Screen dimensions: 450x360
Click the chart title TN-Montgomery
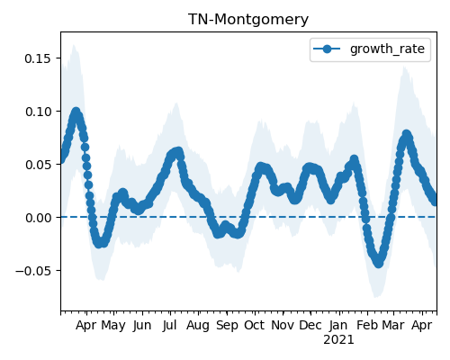248,20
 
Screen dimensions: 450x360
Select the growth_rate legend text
387,49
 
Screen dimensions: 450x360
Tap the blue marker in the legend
327,49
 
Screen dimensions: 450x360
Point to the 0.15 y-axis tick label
38,58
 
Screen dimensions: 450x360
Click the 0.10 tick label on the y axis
38,112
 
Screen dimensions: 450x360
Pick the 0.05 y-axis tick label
38,165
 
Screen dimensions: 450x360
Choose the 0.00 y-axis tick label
38,218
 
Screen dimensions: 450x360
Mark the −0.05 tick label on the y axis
33,271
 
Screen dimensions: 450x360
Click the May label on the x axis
113,326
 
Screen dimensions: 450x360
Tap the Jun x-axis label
142,326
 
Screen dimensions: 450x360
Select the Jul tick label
169,326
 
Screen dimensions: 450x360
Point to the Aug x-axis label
198,326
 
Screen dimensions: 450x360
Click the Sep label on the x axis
227,326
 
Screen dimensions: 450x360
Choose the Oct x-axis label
255,326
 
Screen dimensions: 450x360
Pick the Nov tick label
283,326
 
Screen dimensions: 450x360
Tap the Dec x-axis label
310,326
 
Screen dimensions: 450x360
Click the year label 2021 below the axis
338,340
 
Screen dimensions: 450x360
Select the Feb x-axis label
367,326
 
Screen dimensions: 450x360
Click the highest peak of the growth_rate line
76,112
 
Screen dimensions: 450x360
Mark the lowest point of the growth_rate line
378,263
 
